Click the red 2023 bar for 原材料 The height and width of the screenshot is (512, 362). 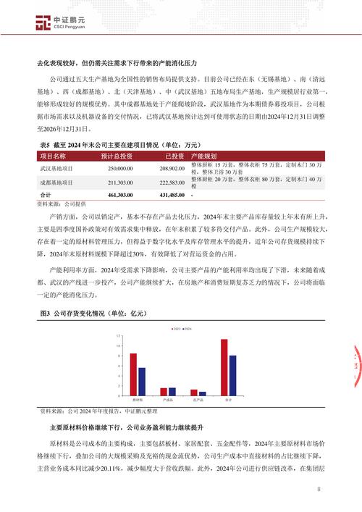pos(133,373)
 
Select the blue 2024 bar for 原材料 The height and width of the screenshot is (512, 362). pos(141,380)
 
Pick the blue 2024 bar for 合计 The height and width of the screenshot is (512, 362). pos(232,374)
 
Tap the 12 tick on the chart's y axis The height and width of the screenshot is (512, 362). pos(117,338)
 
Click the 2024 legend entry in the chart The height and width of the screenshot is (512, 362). pos(188,329)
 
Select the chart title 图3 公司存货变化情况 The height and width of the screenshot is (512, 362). pos(83,313)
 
